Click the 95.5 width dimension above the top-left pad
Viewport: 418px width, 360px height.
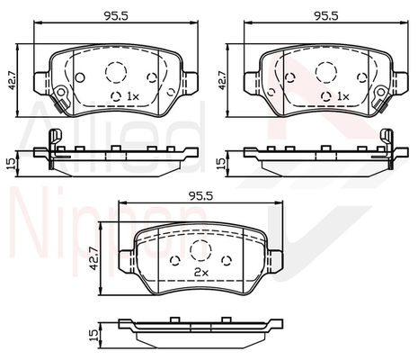[x=116, y=16]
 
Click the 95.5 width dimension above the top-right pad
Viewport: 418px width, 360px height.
[x=326, y=16]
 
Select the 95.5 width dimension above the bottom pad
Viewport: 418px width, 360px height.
[x=201, y=196]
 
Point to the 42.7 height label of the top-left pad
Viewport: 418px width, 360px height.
[x=13, y=80]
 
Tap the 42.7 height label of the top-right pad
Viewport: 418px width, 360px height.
[x=222, y=80]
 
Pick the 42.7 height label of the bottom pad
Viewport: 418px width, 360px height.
[x=94, y=258]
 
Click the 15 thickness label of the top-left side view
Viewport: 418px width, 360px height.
[x=12, y=164]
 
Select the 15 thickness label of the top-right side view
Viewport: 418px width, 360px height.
[x=221, y=164]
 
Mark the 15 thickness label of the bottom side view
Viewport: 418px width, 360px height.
[x=94, y=335]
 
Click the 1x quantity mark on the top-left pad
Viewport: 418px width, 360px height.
[x=133, y=96]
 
